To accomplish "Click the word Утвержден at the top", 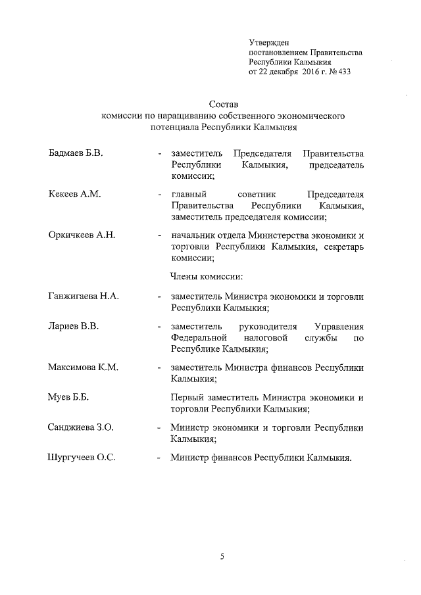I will pyautogui.click(x=268, y=43).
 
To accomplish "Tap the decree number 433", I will pyautogui.click(x=342, y=72).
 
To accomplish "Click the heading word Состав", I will pyautogui.click(x=223, y=104).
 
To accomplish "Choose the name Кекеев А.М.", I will pyautogui.click(x=74, y=195).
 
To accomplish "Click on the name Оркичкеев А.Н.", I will pyautogui.click(x=82, y=235).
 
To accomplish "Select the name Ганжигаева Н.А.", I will pyautogui.click(x=84, y=297).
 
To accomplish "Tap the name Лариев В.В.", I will pyautogui.click(x=73, y=327).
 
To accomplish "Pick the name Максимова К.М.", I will pyautogui.click(x=83, y=368).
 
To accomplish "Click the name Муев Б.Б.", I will pyautogui.click(x=68, y=398).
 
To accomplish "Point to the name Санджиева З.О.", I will pyautogui.click(x=81, y=428).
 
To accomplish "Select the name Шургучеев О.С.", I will pyautogui.click(x=82, y=458).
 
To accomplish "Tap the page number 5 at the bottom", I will pyautogui.click(x=222, y=558).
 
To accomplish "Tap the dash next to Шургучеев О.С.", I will pyautogui.click(x=160, y=459).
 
